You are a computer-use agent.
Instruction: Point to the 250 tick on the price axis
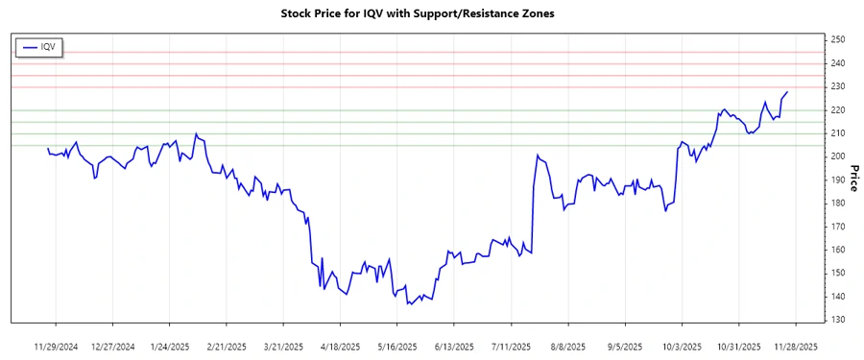837,39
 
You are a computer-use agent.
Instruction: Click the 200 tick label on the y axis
837,156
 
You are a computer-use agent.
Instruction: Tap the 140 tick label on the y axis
837,296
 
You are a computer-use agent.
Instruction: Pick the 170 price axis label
837,227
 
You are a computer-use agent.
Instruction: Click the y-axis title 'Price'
853,180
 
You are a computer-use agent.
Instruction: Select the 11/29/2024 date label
56,346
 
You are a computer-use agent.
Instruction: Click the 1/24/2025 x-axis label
169,346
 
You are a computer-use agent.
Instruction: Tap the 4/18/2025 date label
340,346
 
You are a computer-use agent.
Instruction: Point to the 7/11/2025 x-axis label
511,346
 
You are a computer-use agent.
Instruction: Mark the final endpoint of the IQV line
787,92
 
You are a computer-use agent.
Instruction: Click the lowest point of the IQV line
409,304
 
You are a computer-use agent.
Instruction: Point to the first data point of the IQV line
47,148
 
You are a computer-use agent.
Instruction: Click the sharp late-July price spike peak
538,156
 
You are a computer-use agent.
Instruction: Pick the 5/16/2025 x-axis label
396,346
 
